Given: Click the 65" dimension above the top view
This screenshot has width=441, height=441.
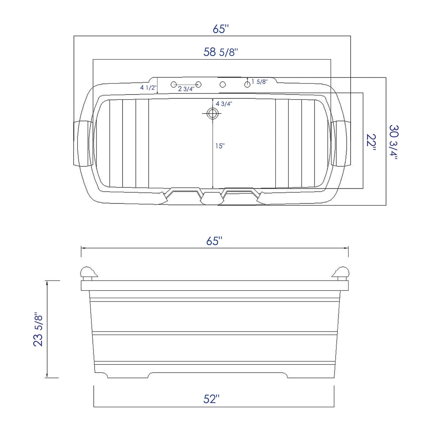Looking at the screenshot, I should pos(220,29).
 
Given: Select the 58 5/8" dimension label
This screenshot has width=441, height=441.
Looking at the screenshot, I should pos(220,52).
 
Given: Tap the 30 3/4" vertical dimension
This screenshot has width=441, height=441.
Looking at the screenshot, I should pos(394,142).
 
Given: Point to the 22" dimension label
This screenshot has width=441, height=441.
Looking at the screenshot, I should pos(371,142).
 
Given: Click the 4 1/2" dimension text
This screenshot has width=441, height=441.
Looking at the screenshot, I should pos(148,88).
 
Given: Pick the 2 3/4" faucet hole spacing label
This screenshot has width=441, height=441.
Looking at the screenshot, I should pos(186,89).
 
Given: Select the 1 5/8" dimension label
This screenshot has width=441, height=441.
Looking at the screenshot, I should pos(259,81).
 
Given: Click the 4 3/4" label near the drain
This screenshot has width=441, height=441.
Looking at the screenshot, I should pos(224,104).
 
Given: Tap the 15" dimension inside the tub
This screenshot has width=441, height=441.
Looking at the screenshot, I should pos(220,146).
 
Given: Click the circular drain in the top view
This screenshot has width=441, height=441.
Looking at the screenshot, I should pos(212,113).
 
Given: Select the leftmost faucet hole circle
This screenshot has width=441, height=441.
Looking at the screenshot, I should pos(174,84).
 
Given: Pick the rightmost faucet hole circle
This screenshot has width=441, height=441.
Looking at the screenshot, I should pos(247,84).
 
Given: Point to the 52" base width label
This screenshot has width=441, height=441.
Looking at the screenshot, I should pos(211,399).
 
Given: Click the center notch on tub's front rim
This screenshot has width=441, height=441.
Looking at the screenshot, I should pos(211,199).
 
